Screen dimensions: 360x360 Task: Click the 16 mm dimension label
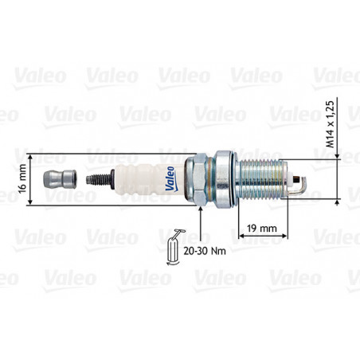tap(23, 179)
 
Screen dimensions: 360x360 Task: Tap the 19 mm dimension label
tap(262, 228)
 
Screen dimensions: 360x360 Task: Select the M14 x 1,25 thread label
tap(330, 124)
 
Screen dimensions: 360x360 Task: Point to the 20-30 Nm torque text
tap(205, 251)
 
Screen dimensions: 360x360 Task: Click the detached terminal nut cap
tap(60, 179)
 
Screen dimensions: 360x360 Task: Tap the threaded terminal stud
tap(98, 179)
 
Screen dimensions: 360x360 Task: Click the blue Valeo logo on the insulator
tap(170, 178)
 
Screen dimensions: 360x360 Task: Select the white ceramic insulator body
tap(150, 180)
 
